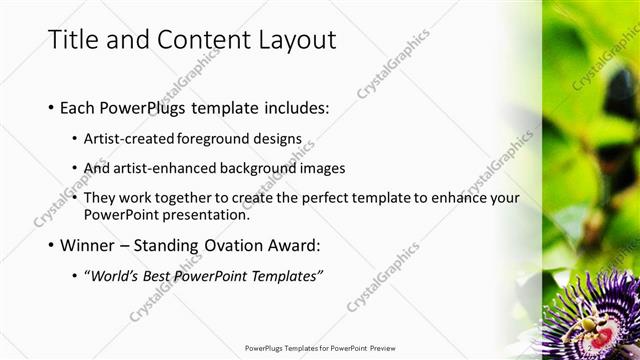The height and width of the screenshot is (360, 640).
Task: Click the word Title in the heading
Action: click(73, 39)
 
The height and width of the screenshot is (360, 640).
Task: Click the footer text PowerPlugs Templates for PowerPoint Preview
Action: click(320, 348)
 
